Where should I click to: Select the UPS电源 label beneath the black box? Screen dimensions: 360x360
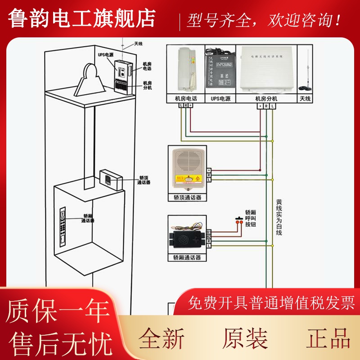(x=220, y=98)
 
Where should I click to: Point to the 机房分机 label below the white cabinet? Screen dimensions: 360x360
(x=266, y=98)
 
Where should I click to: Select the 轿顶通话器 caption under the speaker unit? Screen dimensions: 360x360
(x=187, y=197)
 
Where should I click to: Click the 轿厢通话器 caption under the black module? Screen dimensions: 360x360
(x=187, y=258)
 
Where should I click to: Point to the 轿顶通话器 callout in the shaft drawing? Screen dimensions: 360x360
(x=143, y=180)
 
